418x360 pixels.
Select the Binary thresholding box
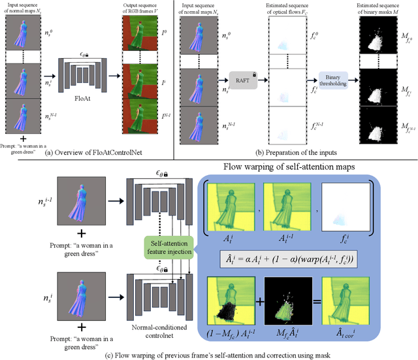pyautogui.click(x=332, y=80)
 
